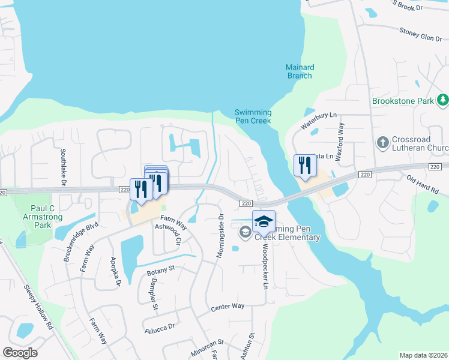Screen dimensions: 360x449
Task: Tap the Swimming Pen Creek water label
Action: [253, 116]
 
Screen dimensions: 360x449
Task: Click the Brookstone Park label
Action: [402, 101]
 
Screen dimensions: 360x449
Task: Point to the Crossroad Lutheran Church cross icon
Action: [382, 143]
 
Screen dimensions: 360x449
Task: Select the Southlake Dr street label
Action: [62, 166]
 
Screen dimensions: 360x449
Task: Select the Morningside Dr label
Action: [220, 236]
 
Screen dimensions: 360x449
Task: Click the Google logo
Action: [20, 353]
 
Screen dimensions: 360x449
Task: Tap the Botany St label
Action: [160, 272]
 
